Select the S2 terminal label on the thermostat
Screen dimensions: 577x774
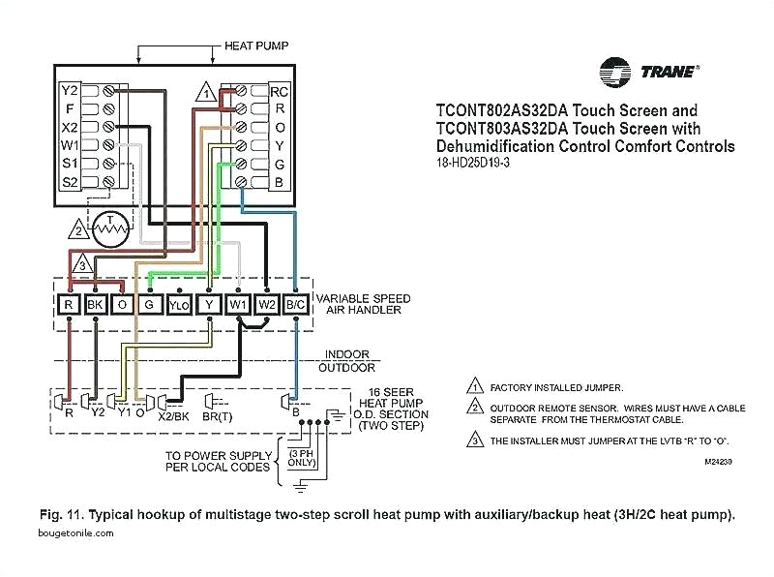click(x=70, y=181)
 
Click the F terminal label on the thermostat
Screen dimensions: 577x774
click(x=70, y=109)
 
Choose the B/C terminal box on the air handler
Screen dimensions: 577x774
click(x=296, y=305)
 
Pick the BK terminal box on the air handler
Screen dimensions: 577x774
click(x=95, y=305)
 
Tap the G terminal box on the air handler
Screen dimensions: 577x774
click(x=149, y=305)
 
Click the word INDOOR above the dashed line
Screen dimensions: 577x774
click(x=347, y=354)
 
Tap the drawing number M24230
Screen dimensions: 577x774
click(x=719, y=461)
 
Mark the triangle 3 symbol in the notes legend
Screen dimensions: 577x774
click(x=474, y=440)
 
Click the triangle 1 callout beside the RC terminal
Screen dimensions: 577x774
click(x=205, y=94)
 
